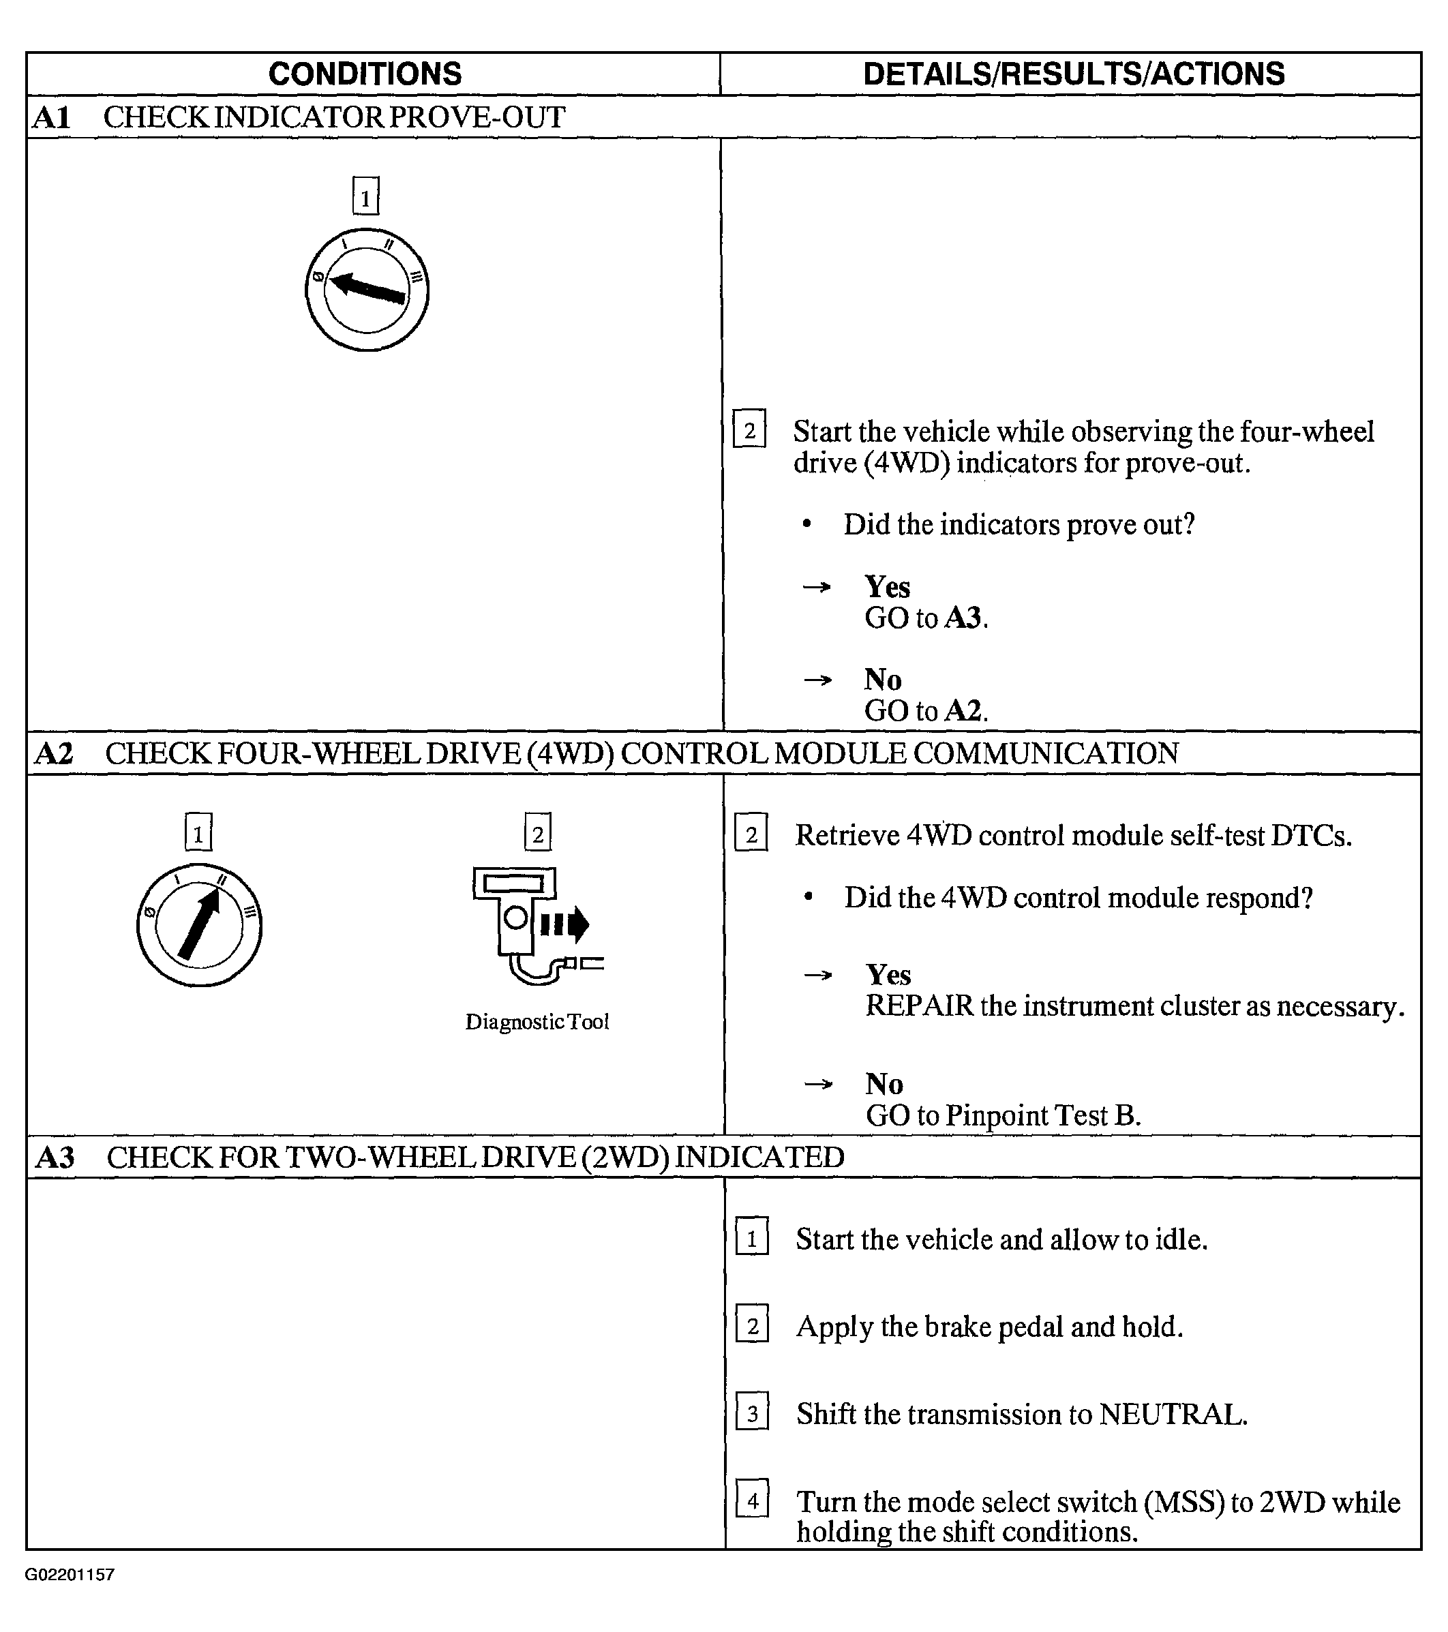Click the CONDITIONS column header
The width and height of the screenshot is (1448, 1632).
(365, 74)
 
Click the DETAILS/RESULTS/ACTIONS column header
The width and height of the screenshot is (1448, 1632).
(1074, 74)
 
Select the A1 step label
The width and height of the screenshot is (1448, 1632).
(52, 118)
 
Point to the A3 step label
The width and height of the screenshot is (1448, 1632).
(55, 1158)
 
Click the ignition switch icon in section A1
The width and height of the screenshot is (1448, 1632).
(367, 289)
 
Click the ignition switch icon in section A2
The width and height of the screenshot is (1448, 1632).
(199, 924)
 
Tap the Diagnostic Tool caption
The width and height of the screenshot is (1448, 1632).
(537, 1022)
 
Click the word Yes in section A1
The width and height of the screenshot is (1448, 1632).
(886, 588)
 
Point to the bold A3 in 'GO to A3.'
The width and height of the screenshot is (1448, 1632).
(963, 619)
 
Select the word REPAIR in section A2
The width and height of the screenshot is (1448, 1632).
(919, 1006)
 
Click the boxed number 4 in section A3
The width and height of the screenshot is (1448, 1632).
(751, 1501)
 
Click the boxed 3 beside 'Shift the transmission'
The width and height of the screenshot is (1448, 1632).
(751, 1414)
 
